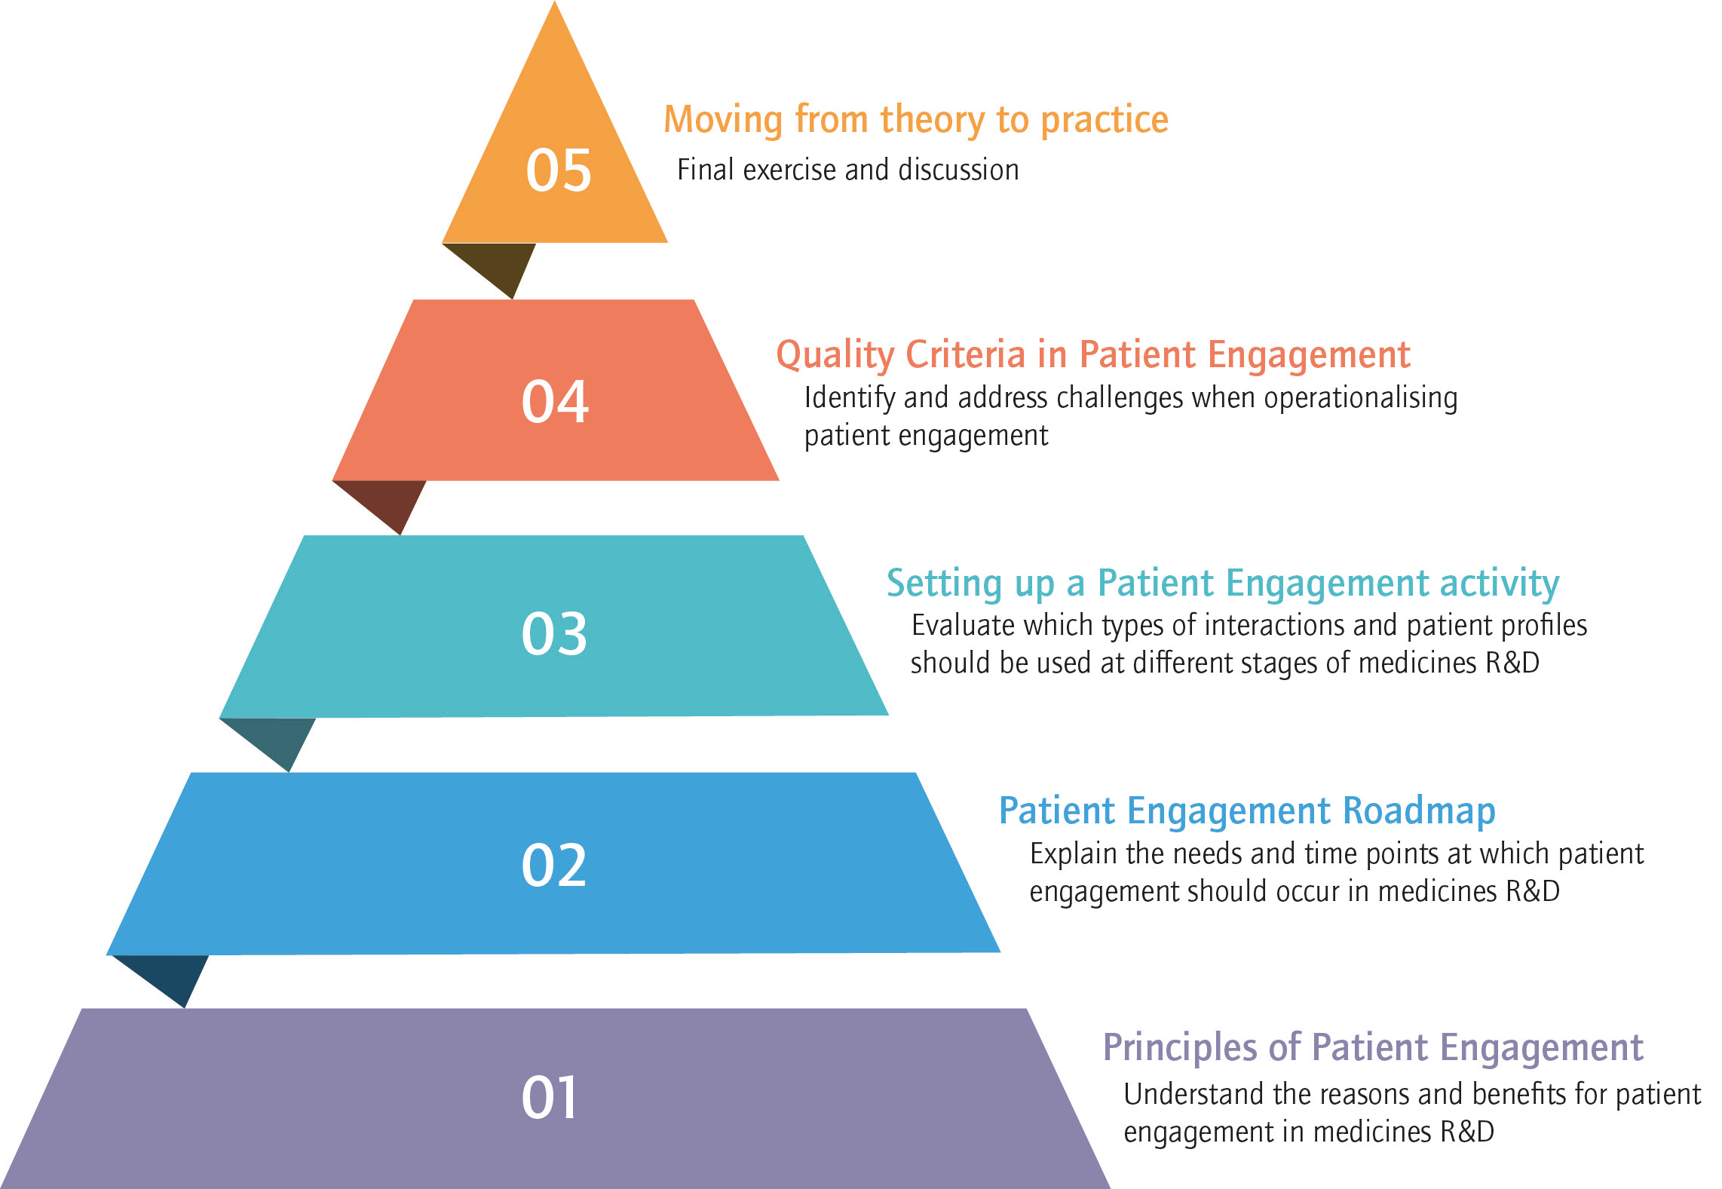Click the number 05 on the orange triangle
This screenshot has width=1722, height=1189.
pyautogui.click(x=559, y=170)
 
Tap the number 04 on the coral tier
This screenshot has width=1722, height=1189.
pyautogui.click(x=555, y=402)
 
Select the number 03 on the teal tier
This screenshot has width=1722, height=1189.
pyautogui.click(x=554, y=633)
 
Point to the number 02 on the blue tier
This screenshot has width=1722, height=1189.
pyautogui.click(x=554, y=865)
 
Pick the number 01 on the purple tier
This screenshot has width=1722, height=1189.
pyautogui.click(x=550, y=1097)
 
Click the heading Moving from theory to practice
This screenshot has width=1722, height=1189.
pyautogui.click(x=916, y=121)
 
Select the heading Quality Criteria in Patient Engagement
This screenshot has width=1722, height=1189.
pyautogui.click(x=1093, y=355)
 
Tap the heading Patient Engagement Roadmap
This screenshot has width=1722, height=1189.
pyautogui.click(x=1247, y=811)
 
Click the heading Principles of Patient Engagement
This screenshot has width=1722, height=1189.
pyautogui.click(x=1373, y=1048)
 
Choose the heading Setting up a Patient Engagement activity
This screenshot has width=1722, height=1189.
pyautogui.click(x=1223, y=584)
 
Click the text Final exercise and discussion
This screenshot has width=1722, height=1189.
pyautogui.click(x=848, y=170)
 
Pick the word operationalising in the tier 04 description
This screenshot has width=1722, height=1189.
pyautogui.click(x=1361, y=399)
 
